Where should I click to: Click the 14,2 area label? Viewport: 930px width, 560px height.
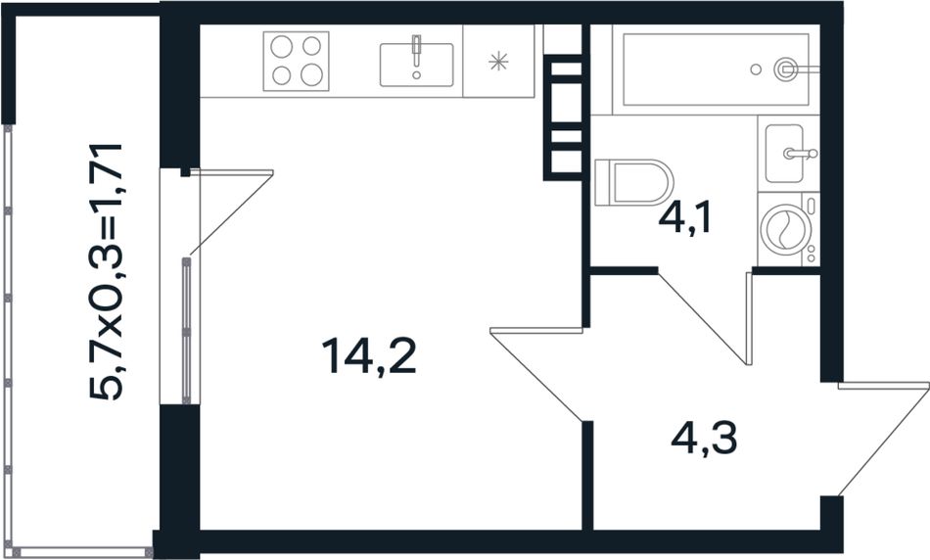point(368,356)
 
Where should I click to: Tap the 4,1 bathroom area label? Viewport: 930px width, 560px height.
point(684,218)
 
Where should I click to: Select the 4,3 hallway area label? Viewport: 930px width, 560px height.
point(704,439)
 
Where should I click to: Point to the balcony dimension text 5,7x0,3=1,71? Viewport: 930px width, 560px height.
point(106,272)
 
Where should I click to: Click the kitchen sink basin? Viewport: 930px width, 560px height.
point(416,65)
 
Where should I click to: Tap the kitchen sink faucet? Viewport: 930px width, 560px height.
point(416,51)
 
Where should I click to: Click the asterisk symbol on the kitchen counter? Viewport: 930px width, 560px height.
point(498,61)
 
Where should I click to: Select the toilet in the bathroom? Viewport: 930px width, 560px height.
point(633,182)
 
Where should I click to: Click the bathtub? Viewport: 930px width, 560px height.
point(716,70)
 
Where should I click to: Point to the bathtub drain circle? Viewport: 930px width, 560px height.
point(756,70)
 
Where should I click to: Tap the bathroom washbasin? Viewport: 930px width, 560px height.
point(784,154)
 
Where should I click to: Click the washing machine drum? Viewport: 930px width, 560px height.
point(782,229)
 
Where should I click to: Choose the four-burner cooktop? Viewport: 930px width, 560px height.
point(296,61)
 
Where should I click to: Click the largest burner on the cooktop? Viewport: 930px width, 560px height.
point(311,74)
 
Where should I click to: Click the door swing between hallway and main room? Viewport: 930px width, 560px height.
point(537,374)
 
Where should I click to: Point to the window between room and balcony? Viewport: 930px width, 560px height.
point(186,331)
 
